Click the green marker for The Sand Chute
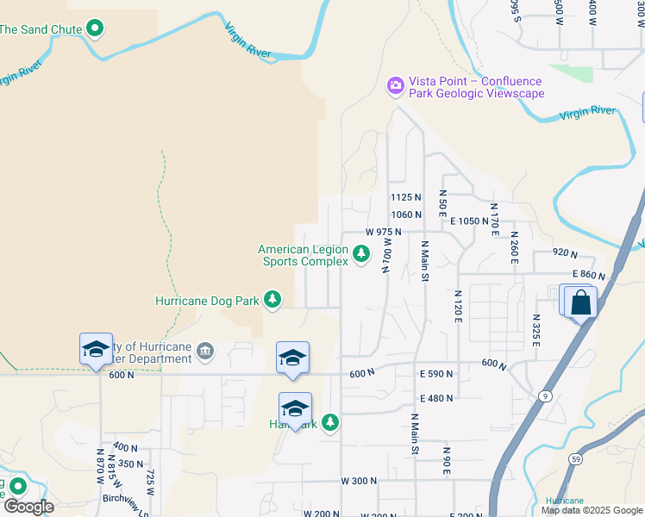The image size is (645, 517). point(96,29)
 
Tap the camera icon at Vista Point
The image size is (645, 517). point(396,84)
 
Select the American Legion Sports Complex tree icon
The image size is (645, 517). point(361,254)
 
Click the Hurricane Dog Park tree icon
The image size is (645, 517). point(272,299)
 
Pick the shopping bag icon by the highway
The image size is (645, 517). point(582,303)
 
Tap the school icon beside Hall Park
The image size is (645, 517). point(295,408)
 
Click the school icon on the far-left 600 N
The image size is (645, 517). point(96,349)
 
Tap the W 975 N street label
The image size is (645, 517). point(383,233)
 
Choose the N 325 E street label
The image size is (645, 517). point(535,331)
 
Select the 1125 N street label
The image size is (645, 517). point(405,197)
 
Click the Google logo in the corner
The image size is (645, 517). point(29,507)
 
